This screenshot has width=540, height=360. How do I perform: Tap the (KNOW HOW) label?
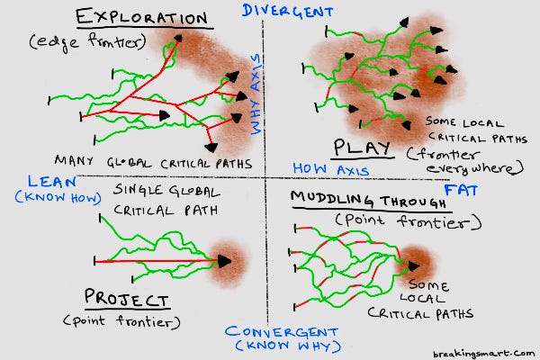coord(52,194)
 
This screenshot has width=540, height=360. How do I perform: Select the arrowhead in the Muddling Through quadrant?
coord(413,266)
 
